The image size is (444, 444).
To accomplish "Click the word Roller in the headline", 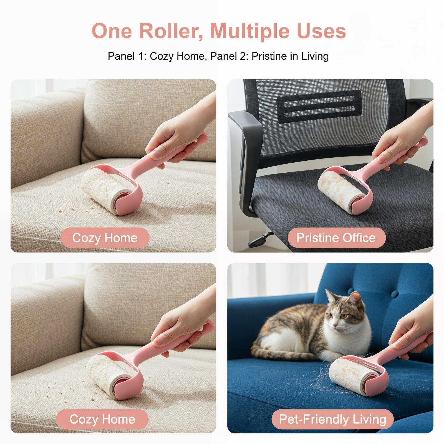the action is [x=170, y=31].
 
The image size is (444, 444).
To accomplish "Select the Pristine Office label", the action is [x=336, y=238].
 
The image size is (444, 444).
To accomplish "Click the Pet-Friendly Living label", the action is [x=332, y=419].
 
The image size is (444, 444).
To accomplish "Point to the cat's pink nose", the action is [x=335, y=325].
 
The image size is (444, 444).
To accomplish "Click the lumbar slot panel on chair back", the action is [x=319, y=107].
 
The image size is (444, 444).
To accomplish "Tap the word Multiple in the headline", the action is [x=250, y=31].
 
